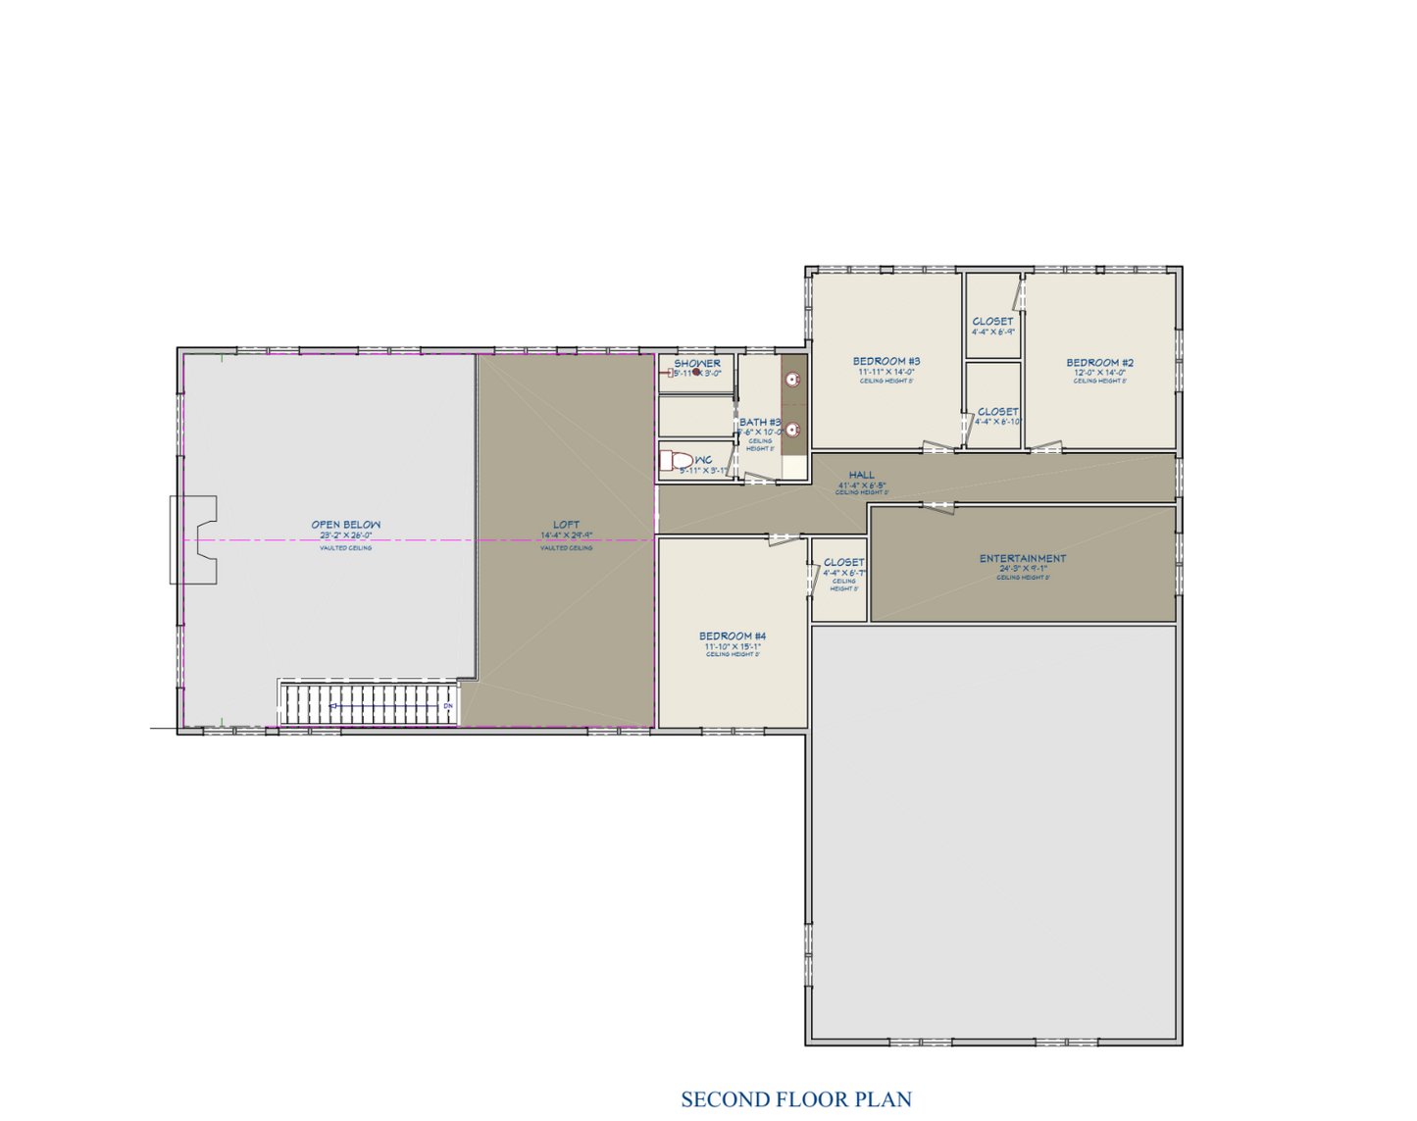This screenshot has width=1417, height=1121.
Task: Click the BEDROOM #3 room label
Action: (886, 362)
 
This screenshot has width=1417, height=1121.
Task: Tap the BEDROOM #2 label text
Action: (1099, 363)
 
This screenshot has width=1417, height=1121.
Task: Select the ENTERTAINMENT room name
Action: (1022, 559)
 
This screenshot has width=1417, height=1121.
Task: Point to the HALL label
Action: (862, 476)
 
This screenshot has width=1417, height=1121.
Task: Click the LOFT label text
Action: (566, 525)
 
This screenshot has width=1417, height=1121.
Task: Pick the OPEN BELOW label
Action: (345, 525)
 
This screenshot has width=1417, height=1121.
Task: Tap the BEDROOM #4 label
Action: (733, 637)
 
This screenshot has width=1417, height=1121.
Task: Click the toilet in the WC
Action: (676, 460)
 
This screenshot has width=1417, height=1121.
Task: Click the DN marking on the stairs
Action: (448, 706)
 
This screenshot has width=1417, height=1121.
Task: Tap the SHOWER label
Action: (697, 364)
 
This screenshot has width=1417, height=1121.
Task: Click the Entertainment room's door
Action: (937, 506)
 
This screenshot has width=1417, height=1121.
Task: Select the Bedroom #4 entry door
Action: (784, 538)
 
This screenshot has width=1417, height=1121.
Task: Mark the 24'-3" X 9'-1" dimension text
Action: (1023, 569)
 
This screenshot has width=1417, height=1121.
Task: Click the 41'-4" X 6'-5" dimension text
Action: (862, 485)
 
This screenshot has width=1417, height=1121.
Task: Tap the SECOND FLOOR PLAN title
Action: (796, 1099)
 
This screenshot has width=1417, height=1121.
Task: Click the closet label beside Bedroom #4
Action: (843, 563)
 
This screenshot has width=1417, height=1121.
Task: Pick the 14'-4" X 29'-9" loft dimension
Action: (566, 535)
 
